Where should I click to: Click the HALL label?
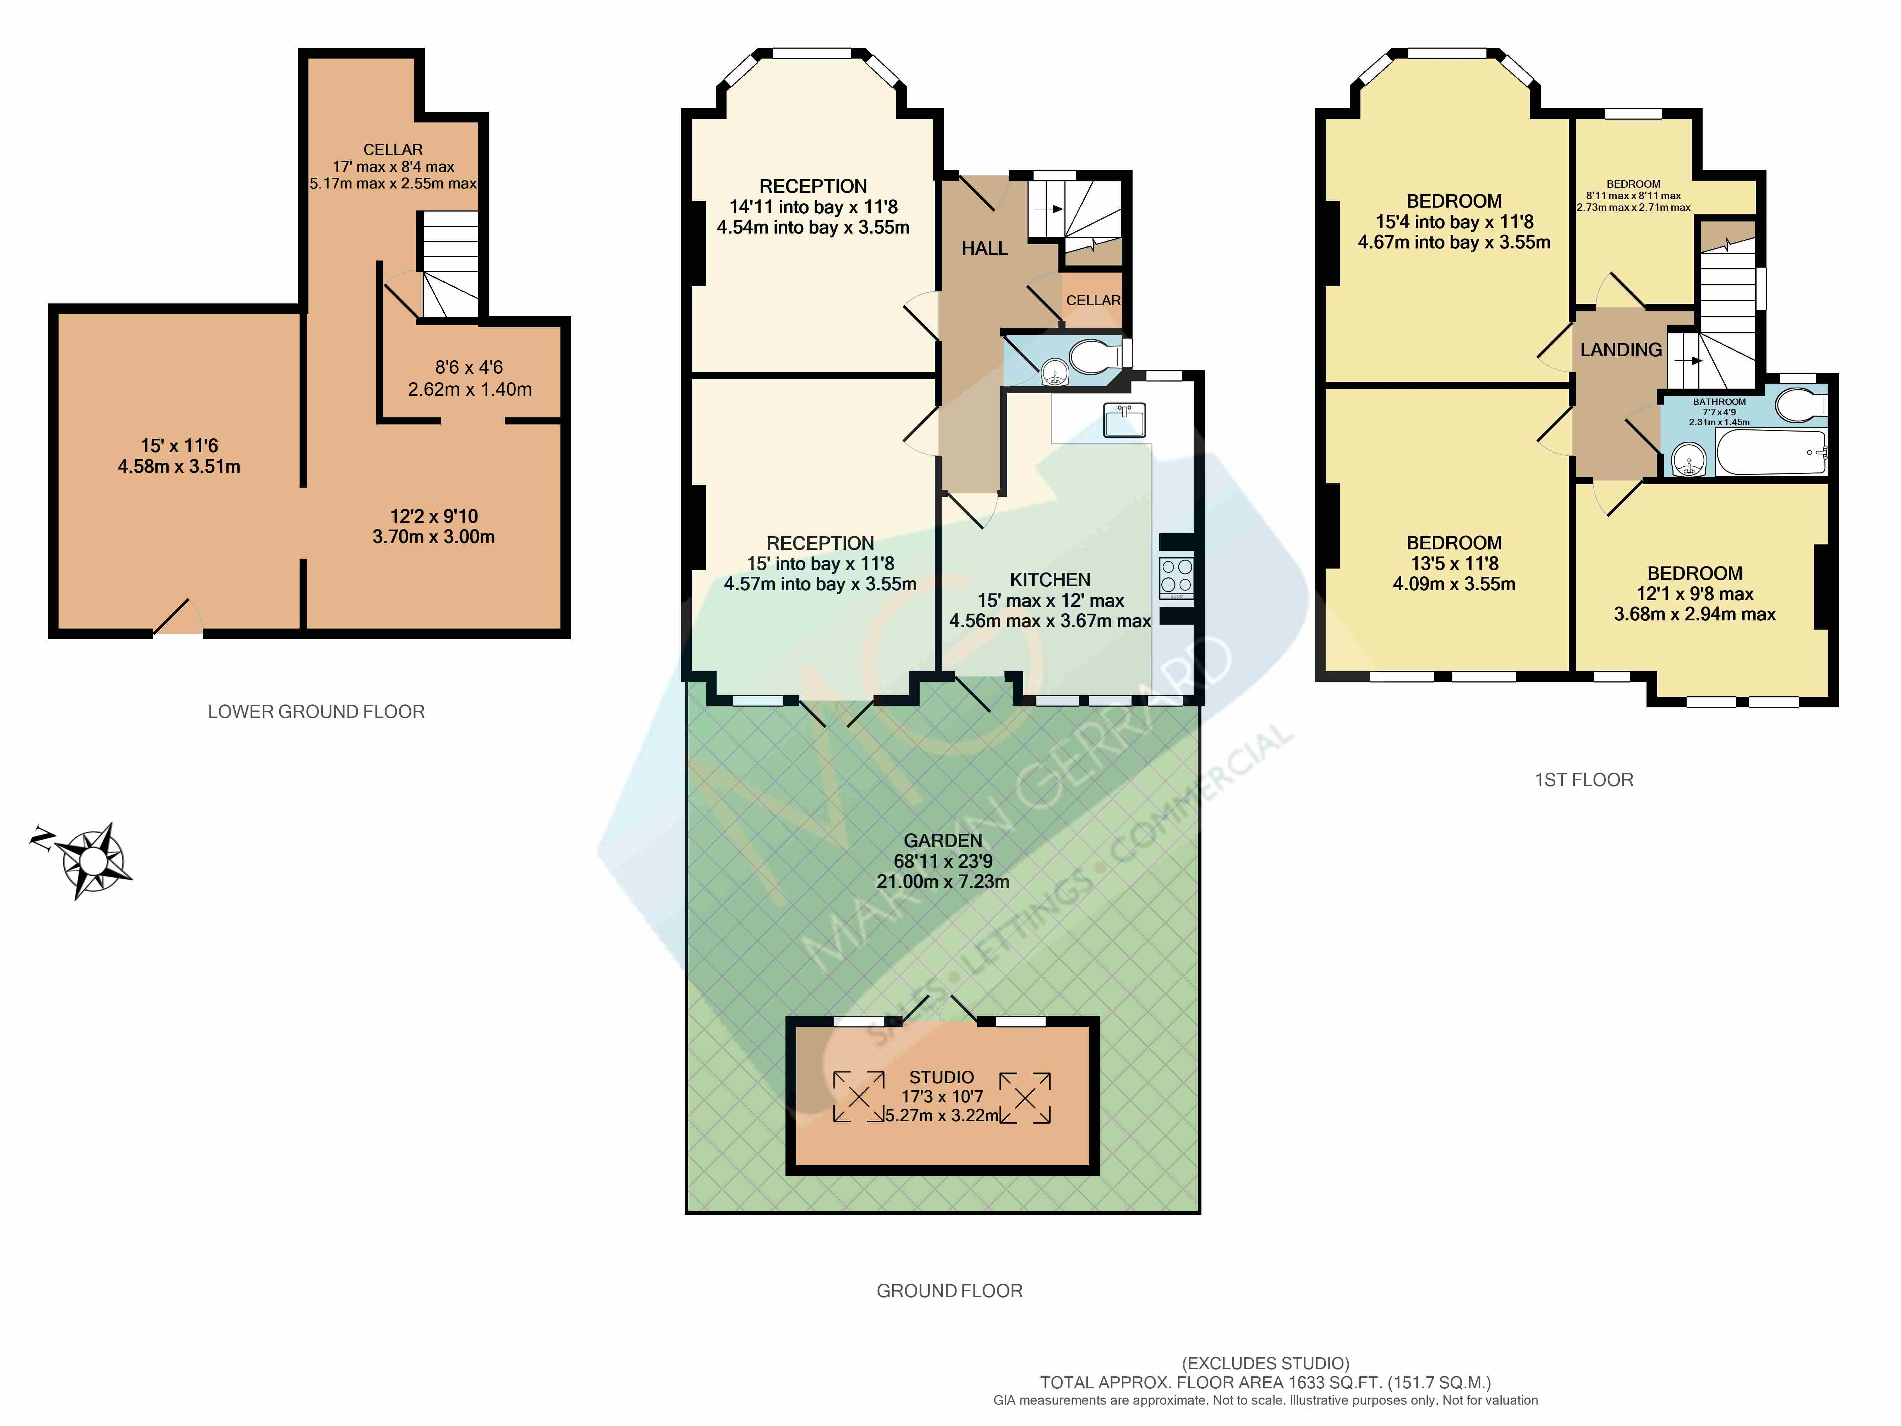[984, 248]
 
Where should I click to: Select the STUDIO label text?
[941, 1077]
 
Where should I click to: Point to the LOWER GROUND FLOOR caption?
[316, 712]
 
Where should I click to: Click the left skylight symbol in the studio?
[859, 1097]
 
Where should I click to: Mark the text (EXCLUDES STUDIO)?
[1265, 1363]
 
